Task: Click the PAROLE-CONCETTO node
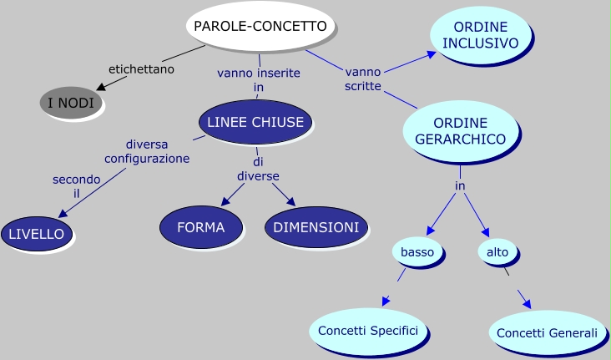tap(260, 26)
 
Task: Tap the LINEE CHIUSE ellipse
tap(255, 122)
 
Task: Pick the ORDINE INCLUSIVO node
tap(480, 35)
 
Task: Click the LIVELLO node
tap(36, 234)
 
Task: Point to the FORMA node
tap(200, 227)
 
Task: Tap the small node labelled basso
tap(417, 251)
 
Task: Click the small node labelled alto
tap(497, 251)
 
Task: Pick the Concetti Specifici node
tap(368, 330)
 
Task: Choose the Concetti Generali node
tap(547, 332)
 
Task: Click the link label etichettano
tap(141, 69)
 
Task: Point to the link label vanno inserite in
tap(259, 79)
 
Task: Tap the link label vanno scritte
tap(363, 79)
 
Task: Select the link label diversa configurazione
tap(147, 150)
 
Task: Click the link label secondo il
tap(76, 186)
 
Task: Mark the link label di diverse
tap(258, 168)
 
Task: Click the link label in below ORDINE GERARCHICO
tap(460, 185)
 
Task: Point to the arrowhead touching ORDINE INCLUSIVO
tap(432, 54)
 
